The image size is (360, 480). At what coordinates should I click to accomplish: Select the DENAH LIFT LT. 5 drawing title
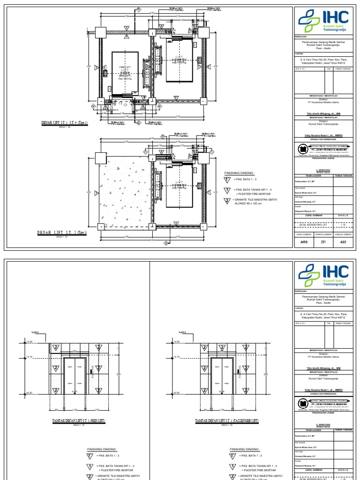[62, 232]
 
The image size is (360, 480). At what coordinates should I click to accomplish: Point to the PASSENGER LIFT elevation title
[226, 421]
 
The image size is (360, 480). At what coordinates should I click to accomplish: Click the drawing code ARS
[305, 242]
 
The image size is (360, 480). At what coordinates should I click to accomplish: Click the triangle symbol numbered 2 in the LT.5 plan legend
[227, 201]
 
